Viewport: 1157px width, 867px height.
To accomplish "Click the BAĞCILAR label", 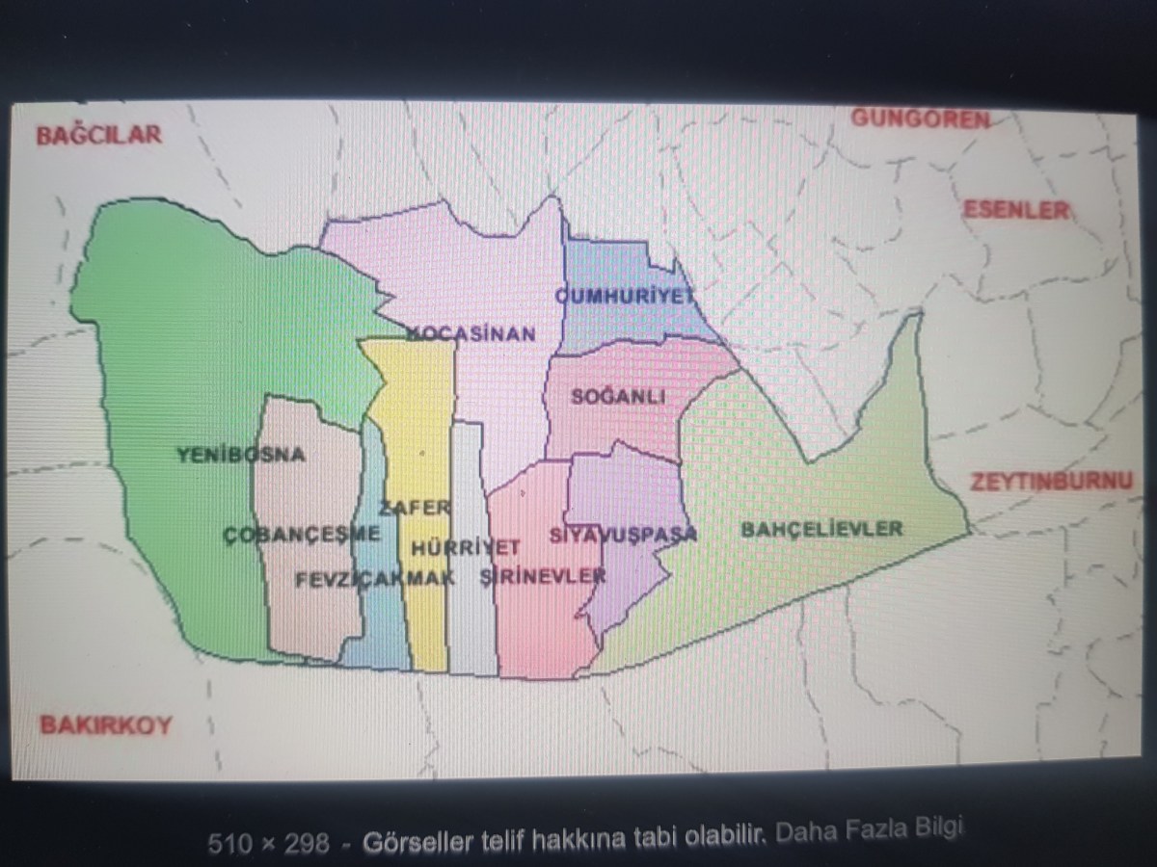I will click(x=98, y=135).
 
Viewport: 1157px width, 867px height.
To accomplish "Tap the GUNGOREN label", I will click(x=920, y=118).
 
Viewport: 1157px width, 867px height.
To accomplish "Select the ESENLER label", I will click(x=1016, y=210).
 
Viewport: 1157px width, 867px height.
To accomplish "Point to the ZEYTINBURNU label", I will click(x=1051, y=481).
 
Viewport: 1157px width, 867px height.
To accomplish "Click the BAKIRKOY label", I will click(x=105, y=724).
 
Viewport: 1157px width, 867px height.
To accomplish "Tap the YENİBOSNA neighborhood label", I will click(x=241, y=455).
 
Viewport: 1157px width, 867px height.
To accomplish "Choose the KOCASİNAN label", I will click(x=471, y=333).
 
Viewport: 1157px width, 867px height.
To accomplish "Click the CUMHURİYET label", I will click(x=625, y=296).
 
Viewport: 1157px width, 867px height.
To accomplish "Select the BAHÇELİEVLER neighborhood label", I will click(x=821, y=529).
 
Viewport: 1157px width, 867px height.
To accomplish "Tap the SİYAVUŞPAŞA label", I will click(x=623, y=536).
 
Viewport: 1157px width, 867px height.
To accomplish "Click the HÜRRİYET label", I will click(x=466, y=547).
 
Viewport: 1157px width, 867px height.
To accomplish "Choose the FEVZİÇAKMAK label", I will click(x=375, y=578).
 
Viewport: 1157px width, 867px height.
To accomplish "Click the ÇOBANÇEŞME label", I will click(x=302, y=535).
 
